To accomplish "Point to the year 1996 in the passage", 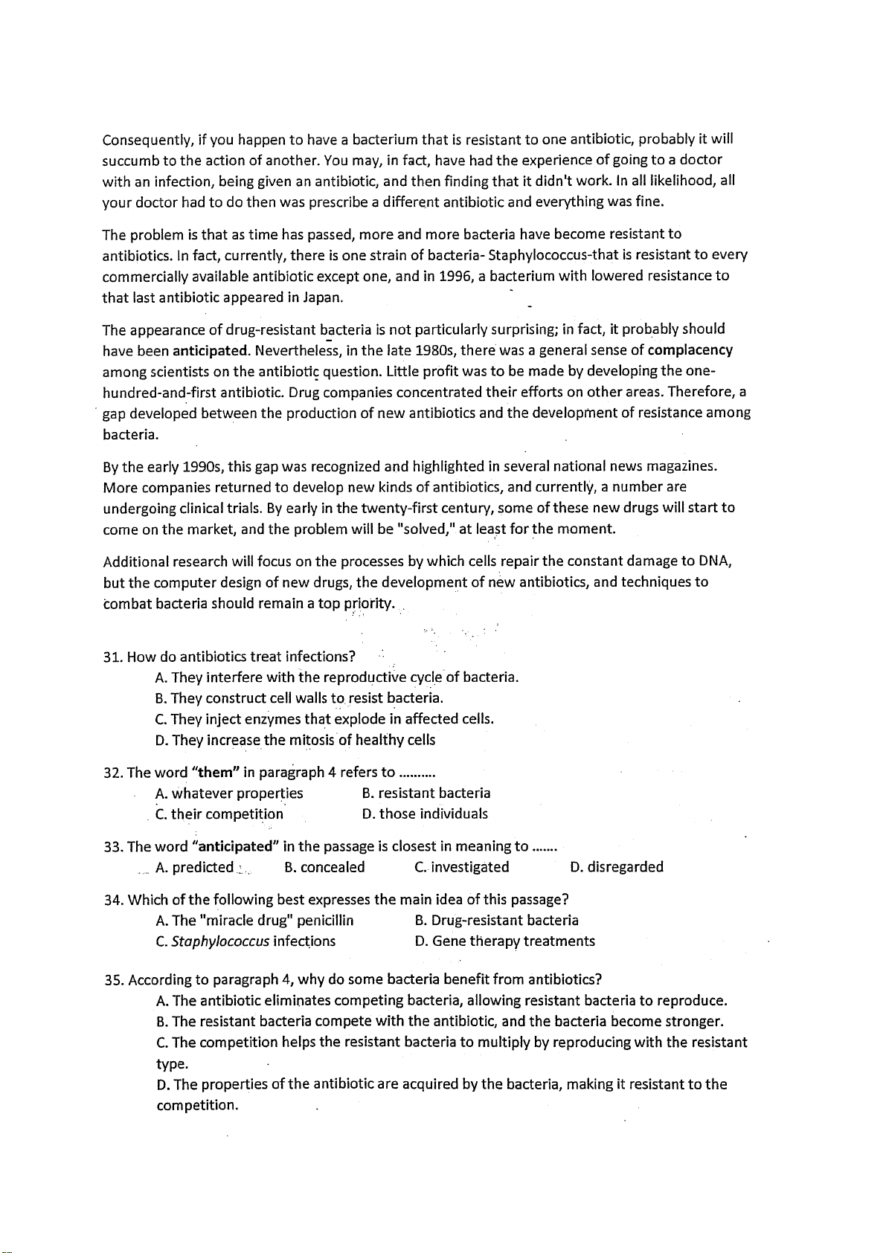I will (455, 276).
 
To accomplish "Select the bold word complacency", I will (690, 350).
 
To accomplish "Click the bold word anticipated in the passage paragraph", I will (210, 350).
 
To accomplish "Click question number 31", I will (112, 657).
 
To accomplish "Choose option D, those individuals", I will (425, 814).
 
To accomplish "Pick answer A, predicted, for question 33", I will (195, 867).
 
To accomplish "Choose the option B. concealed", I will (325, 867).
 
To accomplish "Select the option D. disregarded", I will (617, 867).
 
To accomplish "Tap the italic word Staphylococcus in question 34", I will (220, 941).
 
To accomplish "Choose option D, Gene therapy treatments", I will (505, 941).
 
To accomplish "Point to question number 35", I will (113, 979).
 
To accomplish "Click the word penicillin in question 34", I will (324, 921).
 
